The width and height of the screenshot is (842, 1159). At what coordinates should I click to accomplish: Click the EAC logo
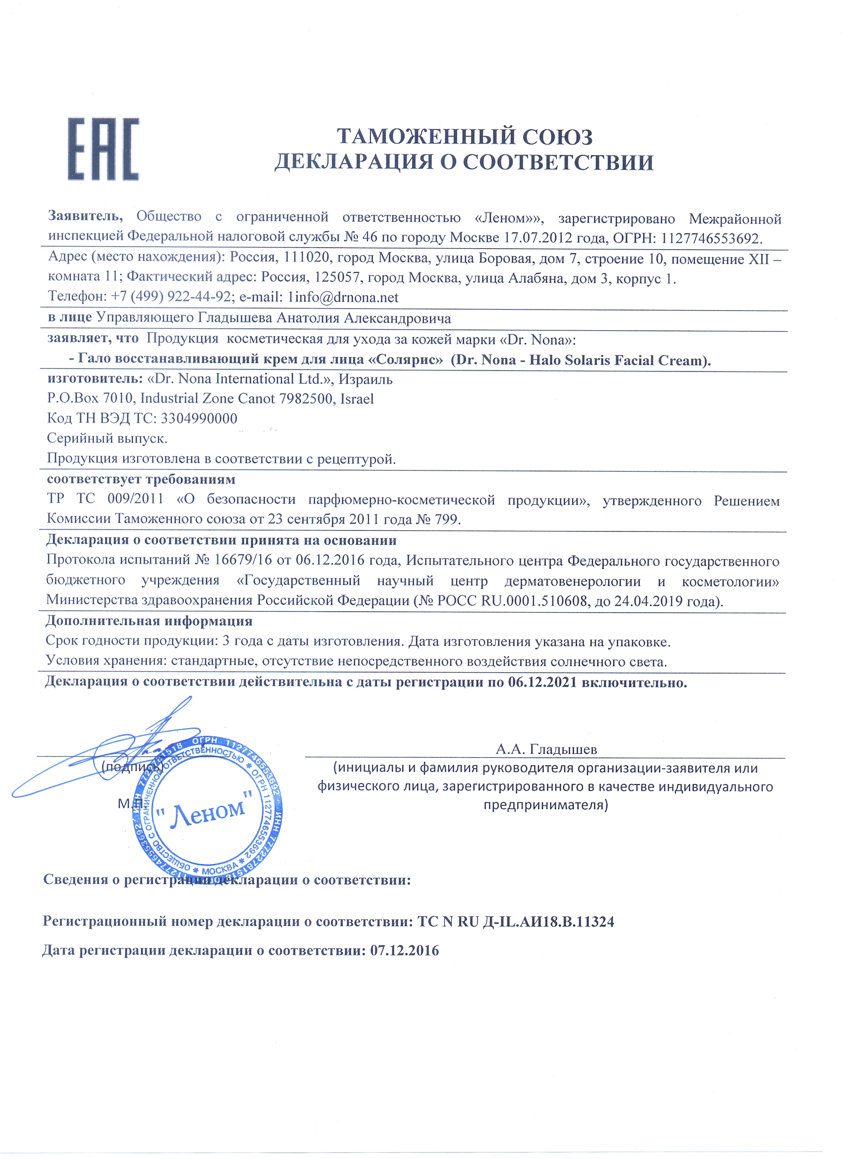[x=103, y=149]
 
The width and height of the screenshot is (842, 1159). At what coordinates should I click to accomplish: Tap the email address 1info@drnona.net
[x=343, y=297]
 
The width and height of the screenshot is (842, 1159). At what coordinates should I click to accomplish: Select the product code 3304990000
[x=199, y=419]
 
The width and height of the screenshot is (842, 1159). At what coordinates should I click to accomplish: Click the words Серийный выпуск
[x=107, y=438]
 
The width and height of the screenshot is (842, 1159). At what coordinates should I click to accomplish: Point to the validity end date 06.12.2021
[x=542, y=683]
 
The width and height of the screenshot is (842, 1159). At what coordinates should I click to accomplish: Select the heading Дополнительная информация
[x=149, y=622]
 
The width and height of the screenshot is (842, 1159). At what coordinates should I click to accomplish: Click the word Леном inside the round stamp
[x=208, y=812]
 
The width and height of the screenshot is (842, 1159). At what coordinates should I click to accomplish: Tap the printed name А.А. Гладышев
[x=546, y=750]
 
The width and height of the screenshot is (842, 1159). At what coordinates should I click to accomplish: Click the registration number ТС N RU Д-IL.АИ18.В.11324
[x=516, y=922]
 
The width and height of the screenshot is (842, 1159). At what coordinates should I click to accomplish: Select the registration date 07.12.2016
[x=404, y=951]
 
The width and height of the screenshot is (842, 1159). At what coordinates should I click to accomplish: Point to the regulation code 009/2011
[x=135, y=499]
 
